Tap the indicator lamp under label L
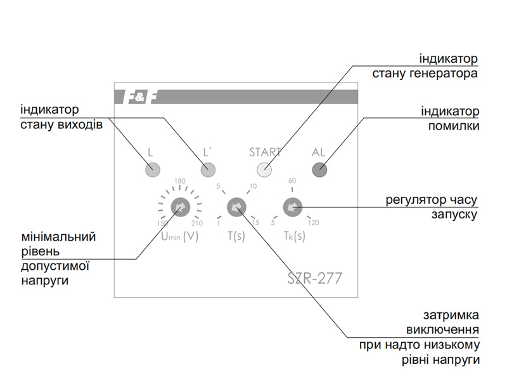[152, 170]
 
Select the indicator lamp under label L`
[208, 170]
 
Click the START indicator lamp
[264, 170]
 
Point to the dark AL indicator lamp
[319, 170]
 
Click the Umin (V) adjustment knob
[180, 206]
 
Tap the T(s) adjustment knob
[236, 206]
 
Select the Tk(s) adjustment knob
[292, 206]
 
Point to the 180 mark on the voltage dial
[179, 182]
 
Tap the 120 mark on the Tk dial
[314, 223]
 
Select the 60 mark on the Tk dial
[292, 181]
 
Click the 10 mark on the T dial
[253, 186]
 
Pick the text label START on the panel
[265, 152]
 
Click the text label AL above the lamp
[318, 152]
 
